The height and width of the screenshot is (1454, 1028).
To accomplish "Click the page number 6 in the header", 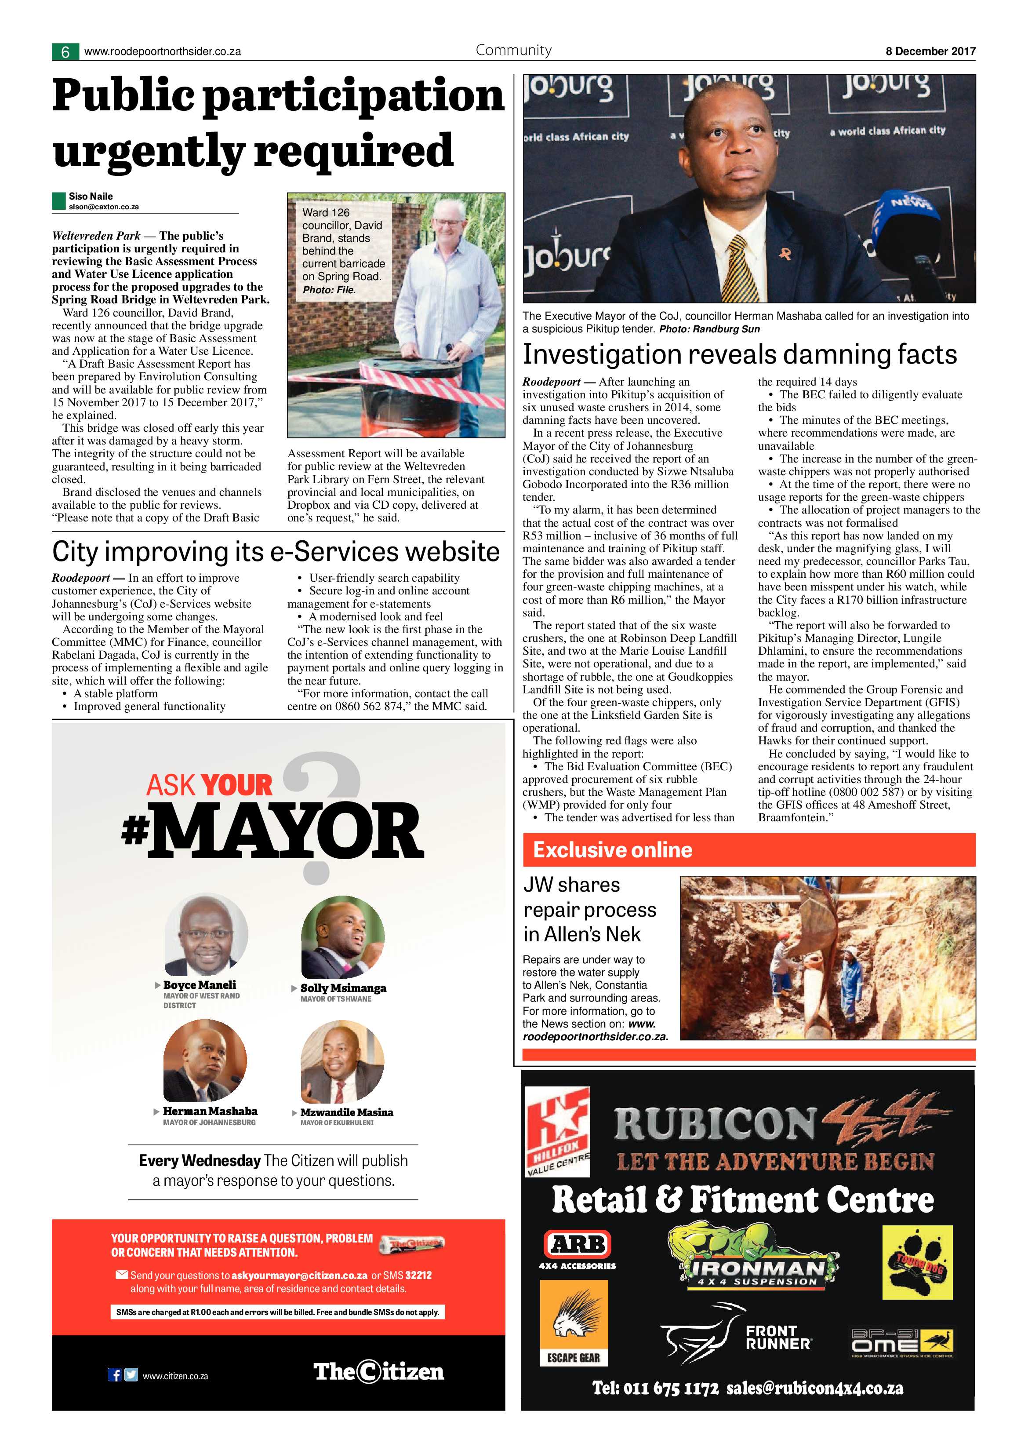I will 65,52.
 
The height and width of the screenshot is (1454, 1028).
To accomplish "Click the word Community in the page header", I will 513,50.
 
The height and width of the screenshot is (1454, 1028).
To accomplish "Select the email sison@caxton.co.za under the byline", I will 104,207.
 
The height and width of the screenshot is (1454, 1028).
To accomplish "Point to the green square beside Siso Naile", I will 59,201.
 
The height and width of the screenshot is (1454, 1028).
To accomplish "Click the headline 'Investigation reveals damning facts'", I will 739,355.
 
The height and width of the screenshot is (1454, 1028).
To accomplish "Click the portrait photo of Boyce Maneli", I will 205,935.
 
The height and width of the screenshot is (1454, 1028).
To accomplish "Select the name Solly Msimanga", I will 343,988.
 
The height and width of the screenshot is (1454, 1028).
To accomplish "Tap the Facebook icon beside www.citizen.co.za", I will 115,1375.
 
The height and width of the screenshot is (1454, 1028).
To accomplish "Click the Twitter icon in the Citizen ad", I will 131,1375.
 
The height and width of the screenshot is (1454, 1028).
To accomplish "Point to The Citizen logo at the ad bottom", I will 378,1372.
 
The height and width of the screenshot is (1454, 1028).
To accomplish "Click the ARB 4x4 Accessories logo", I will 578,1250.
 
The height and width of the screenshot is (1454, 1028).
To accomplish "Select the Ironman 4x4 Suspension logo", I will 753,1257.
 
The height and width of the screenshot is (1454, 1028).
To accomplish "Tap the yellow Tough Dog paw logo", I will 917,1262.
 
